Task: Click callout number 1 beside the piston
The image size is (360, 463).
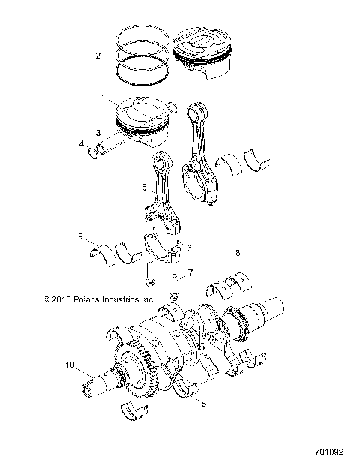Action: [x=104, y=97]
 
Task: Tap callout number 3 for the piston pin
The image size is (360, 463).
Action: [x=98, y=133]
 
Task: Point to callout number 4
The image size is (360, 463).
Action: [x=82, y=143]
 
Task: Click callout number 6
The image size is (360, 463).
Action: [x=189, y=248]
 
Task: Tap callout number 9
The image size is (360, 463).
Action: [x=80, y=236]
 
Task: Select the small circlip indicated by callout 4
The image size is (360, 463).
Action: [x=94, y=155]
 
